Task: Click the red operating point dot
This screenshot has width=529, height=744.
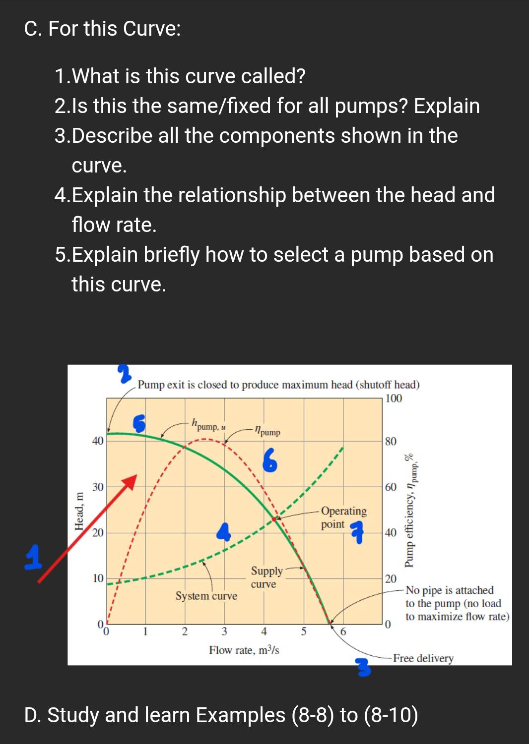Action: click(274, 518)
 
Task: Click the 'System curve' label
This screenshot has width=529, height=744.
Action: click(206, 596)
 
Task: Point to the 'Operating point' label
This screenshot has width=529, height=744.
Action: click(343, 517)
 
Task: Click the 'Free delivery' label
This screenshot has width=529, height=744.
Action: click(423, 658)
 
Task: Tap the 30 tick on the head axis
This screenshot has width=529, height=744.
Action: click(98, 487)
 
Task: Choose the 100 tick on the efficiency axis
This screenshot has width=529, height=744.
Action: click(394, 399)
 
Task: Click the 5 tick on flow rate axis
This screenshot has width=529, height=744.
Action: click(304, 631)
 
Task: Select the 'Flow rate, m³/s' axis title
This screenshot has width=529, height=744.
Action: click(244, 650)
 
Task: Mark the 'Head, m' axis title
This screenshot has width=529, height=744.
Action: click(79, 511)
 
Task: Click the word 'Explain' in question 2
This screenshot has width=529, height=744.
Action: click(447, 106)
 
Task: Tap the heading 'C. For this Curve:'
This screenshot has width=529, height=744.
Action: click(103, 29)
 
